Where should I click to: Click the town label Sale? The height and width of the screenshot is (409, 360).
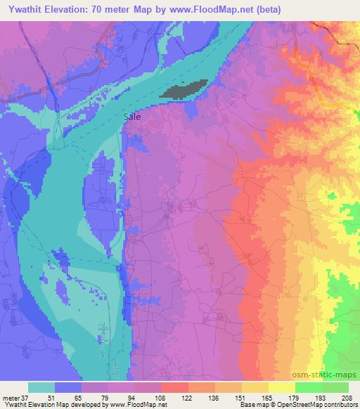pos(131,117)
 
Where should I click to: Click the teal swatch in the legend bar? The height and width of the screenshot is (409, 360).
pos(42,388)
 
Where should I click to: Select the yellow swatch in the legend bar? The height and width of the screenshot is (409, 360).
pos(282,388)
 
